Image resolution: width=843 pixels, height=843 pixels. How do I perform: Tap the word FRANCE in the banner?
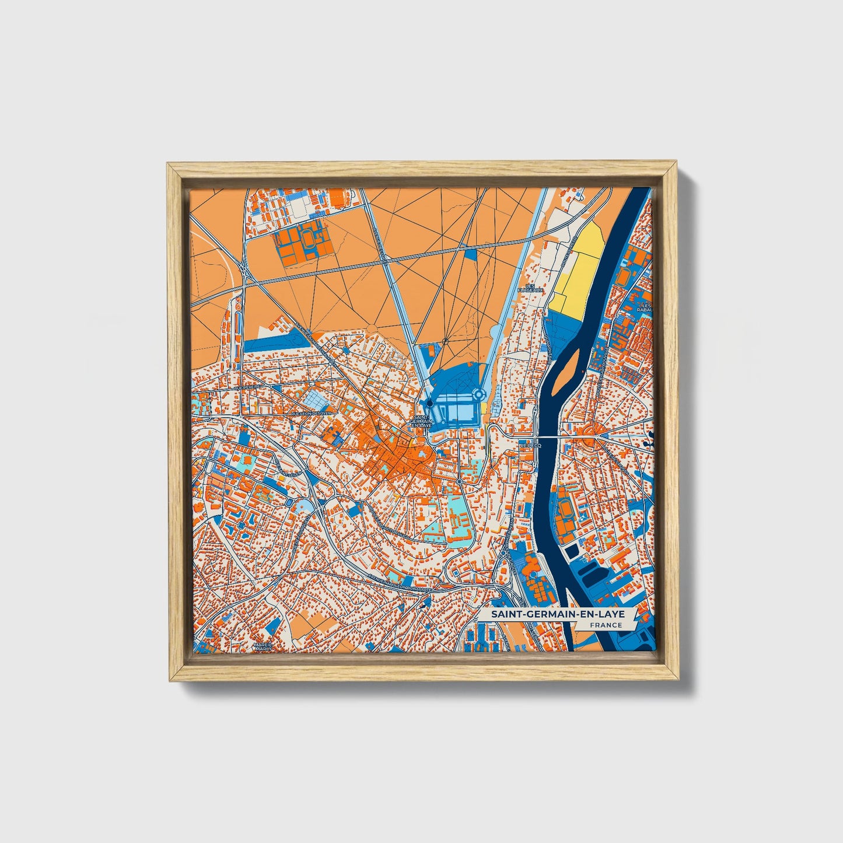[606, 625]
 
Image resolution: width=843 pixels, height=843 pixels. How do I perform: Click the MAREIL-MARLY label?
[263, 646]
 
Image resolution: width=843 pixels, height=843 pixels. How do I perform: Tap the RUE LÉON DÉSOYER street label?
[311, 413]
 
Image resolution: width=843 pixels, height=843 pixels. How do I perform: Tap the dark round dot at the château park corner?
[429, 403]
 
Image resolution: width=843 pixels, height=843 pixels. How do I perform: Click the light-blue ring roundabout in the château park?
[478, 395]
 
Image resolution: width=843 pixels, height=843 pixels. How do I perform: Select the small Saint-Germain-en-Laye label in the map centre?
[422, 421]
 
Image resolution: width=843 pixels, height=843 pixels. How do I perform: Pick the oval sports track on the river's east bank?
[565, 512]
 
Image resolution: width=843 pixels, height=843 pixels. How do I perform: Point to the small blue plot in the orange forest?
[472, 253]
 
